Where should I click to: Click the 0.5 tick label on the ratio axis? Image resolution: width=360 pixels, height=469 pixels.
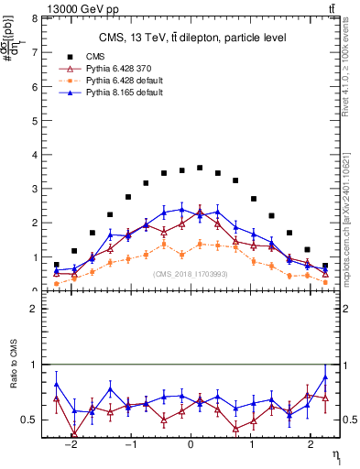click(32, 420)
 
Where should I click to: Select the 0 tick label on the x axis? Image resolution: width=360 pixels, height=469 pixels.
click(191, 452)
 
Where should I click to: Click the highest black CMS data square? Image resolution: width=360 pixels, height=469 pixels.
click(200, 168)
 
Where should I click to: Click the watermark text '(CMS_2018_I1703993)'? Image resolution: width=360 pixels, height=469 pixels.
click(191, 274)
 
